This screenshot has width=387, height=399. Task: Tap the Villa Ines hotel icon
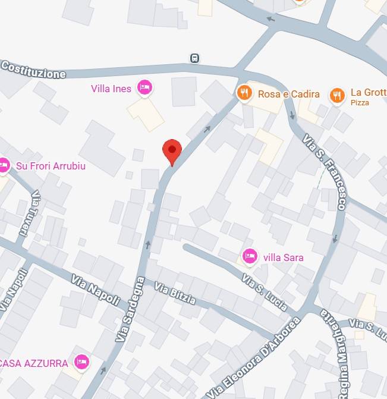coord(144,88)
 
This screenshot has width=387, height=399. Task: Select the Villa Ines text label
coord(111,89)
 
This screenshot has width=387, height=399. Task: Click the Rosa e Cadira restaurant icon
coord(244,93)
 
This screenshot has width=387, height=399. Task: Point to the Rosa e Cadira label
coord(288,94)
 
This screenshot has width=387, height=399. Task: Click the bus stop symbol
coord(194,58)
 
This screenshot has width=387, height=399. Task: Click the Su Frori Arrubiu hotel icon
coord(4,165)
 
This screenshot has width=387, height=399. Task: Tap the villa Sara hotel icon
coord(250,257)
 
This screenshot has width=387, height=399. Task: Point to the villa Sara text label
coord(282,257)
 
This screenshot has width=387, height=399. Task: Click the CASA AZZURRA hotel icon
coord(81,362)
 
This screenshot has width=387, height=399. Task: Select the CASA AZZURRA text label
coord(34,363)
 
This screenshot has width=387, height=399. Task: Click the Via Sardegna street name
coord(131,309)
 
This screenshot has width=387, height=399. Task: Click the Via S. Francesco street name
coord(324,172)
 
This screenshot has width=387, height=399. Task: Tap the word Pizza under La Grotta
coord(360,103)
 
